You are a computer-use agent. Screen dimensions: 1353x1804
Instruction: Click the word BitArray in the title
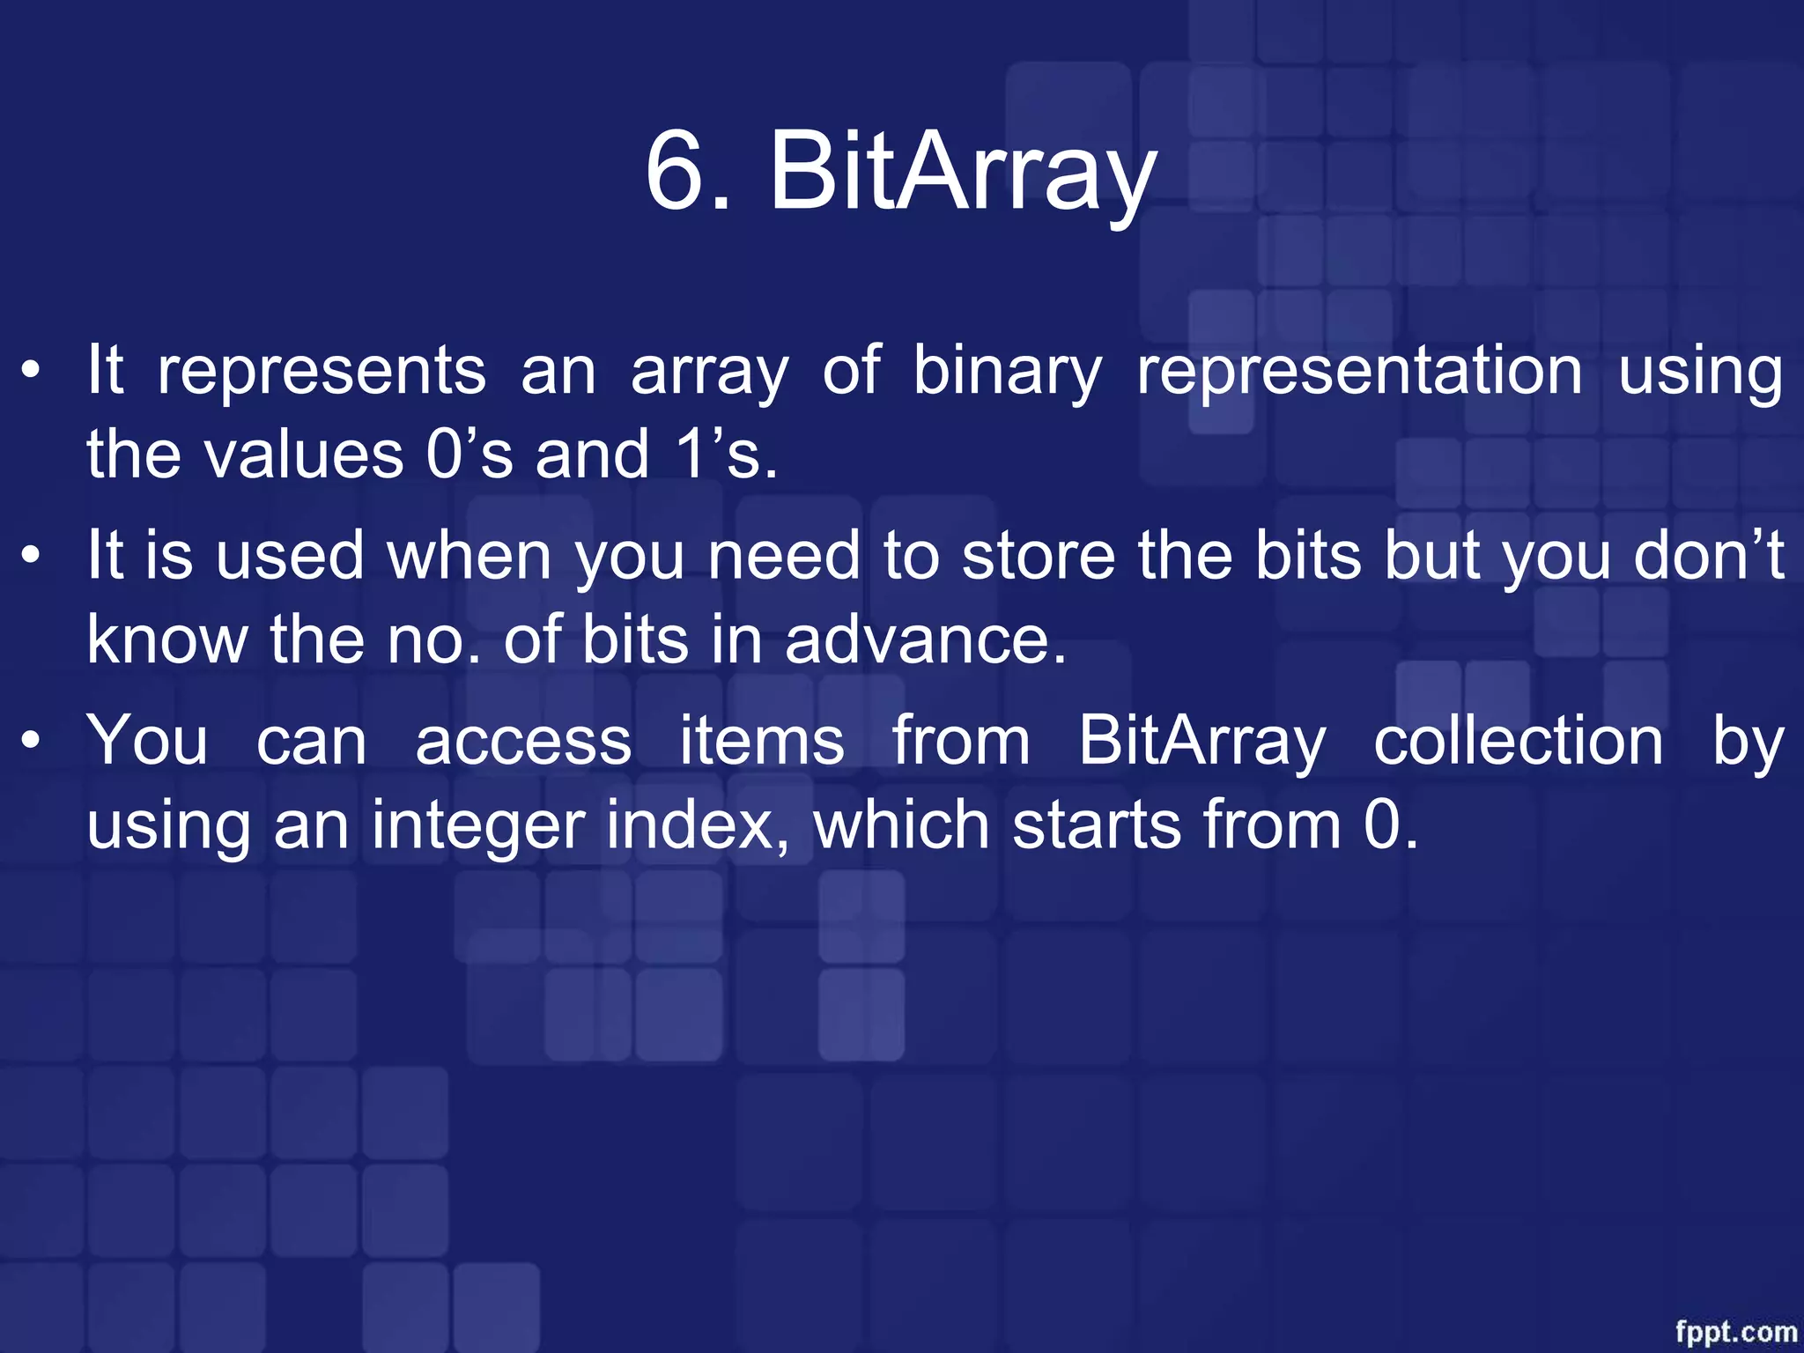click(962, 172)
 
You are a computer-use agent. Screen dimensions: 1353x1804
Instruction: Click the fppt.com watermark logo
click(1735, 1331)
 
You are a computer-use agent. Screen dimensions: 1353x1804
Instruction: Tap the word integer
click(477, 826)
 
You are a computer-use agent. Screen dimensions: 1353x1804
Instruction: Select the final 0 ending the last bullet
click(1382, 826)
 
